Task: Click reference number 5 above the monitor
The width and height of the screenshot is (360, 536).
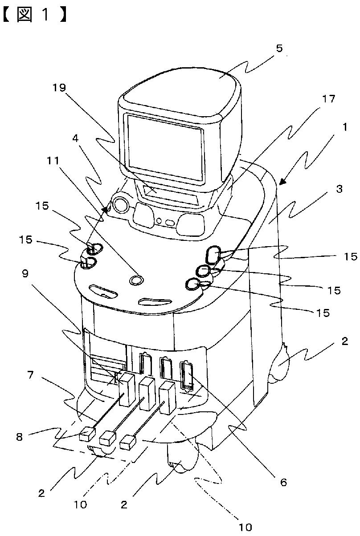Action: (279, 48)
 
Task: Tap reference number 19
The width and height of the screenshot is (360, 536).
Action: (60, 87)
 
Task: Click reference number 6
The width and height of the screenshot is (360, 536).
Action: (284, 481)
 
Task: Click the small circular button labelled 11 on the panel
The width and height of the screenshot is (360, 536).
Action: (137, 280)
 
